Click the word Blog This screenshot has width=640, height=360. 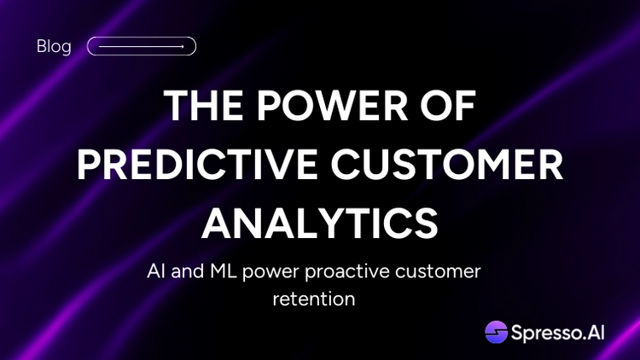tap(54, 46)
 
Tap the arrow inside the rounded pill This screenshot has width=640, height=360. tap(141, 47)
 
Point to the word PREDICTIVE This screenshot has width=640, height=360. tap(197, 165)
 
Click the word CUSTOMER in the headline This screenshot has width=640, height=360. tap(447, 165)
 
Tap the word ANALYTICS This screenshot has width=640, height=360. tap(320, 224)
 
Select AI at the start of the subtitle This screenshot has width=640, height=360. tap(155, 271)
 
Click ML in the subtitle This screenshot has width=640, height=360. tap(224, 271)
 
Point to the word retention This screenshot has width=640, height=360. tap(314, 299)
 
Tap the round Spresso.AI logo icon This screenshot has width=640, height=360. tap(497, 332)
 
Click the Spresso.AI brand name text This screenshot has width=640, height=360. tap(557, 333)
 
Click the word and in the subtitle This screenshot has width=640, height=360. tap(188, 271)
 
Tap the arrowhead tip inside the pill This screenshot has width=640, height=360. tap(183, 47)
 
